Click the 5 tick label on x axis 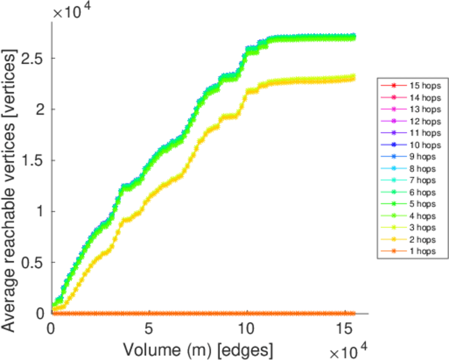pyautogui.click(x=148, y=329)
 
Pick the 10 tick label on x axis pyautogui.click(x=246, y=329)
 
